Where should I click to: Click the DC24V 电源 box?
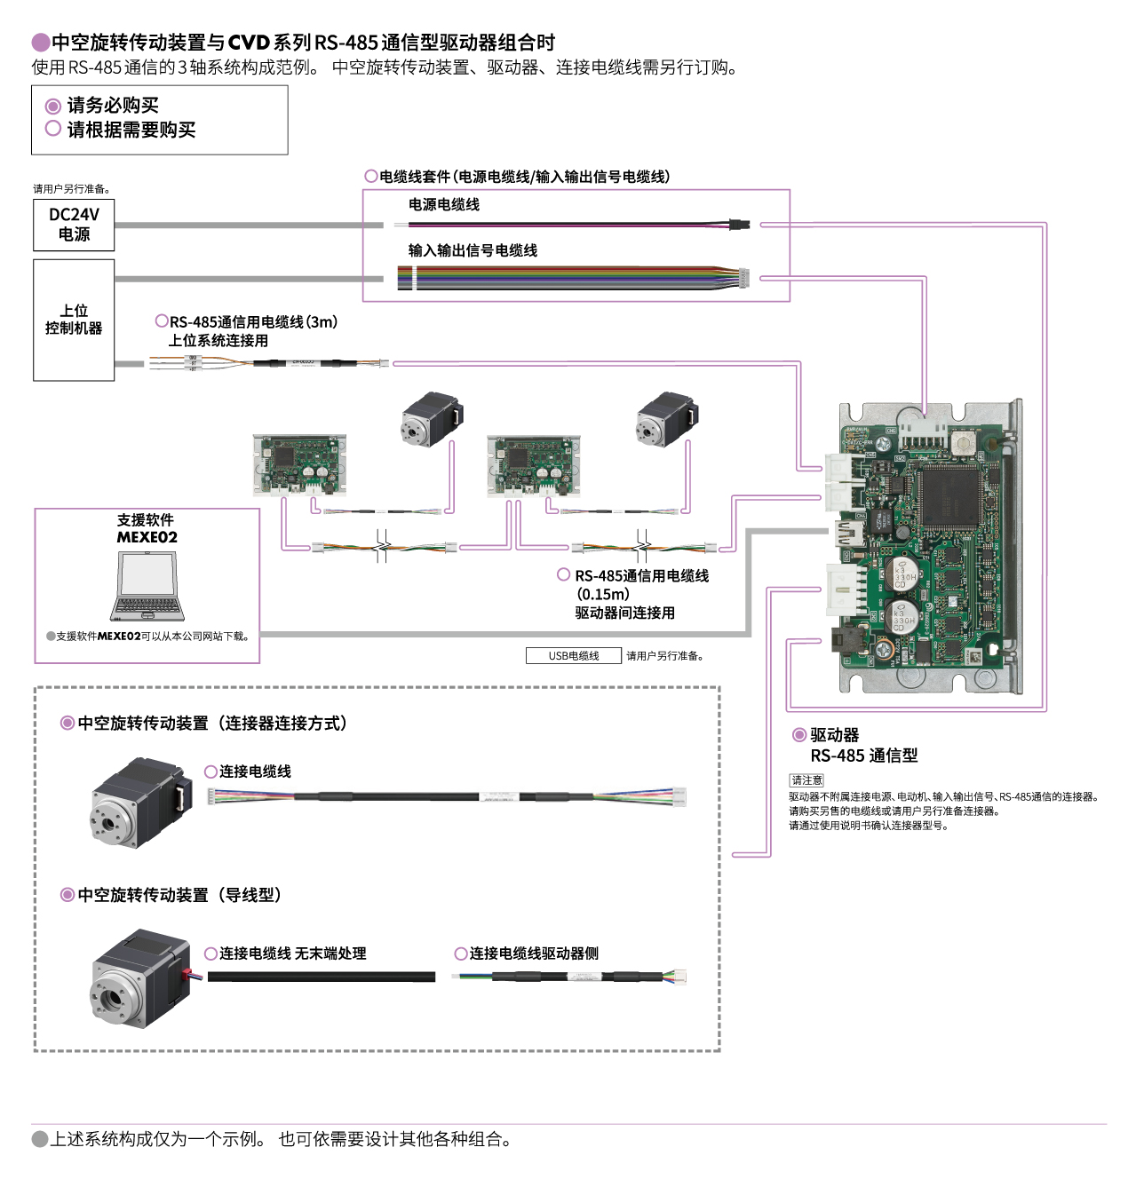(x=74, y=225)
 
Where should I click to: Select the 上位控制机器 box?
(x=74, y=320)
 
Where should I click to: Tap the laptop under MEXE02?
(x=147, y=586)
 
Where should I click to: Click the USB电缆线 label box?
(x=573, y=656)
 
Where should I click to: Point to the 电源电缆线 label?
(x=443, y=205)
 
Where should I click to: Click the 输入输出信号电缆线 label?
(x=473, y=251)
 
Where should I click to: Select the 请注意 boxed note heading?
(x=806, y=780)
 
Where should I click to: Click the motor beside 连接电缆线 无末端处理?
(x=141, y=978)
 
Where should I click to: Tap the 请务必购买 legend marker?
(x=53, y=106)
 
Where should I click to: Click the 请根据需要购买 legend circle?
(x=53, y=130)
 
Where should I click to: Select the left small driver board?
(x=299, y=464)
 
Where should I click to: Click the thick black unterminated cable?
(x=321, y=977)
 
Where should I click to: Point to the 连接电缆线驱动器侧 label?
(x=533, y=953)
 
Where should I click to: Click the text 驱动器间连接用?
(x=624, y=613)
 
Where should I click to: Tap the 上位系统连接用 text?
(x=218, y=341)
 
